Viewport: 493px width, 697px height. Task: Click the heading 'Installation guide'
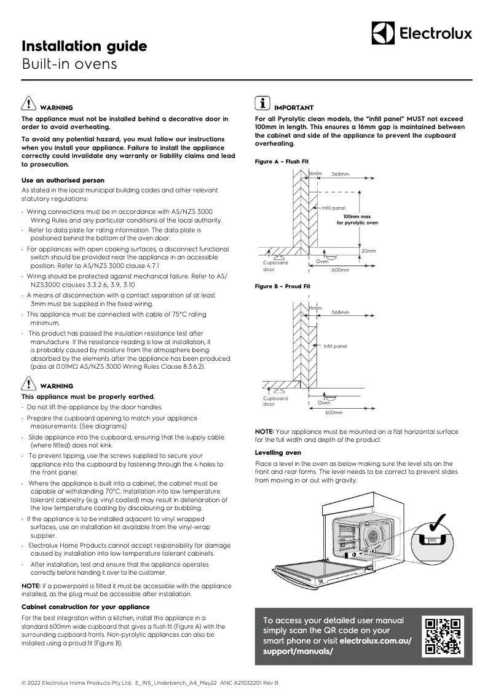click(x=84, y=47)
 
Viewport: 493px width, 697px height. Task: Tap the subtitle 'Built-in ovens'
click(x=69, y=64)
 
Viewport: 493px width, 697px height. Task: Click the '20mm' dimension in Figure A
click(x=368, y=251)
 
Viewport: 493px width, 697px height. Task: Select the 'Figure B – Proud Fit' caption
click(x=283, y=286)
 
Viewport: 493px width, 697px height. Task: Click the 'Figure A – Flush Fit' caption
click(x=282, y=161)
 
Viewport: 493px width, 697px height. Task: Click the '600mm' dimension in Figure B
click(x=334, y=412)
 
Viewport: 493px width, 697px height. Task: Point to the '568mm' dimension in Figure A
click(x=340, y=175)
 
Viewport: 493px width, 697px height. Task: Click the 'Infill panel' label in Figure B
click(x=335, y=346)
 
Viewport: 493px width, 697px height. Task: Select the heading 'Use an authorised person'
click(x=63, y=180)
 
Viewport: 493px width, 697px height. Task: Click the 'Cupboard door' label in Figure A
click(x=271, y=266)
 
